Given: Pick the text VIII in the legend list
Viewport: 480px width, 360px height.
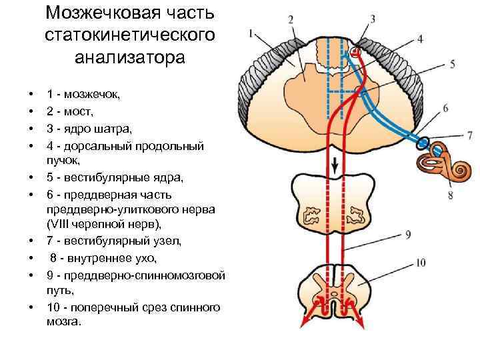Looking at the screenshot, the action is coord(60,225).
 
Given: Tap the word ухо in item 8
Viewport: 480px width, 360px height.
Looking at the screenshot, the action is coord(148,257).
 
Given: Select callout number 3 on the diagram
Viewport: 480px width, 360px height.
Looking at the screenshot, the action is coord(372,18).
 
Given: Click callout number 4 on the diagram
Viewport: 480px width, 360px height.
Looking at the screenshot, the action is coord(420,39).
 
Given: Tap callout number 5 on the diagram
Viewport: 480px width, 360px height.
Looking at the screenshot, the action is coord(453,64).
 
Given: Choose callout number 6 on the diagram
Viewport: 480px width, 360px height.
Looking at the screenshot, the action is coord(445,108).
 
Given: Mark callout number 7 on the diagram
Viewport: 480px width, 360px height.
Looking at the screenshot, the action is coord(470,135).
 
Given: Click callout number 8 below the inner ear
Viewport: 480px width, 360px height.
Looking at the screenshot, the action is coord(451,195).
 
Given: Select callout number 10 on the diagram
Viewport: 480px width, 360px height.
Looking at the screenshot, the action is coord(420,263).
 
